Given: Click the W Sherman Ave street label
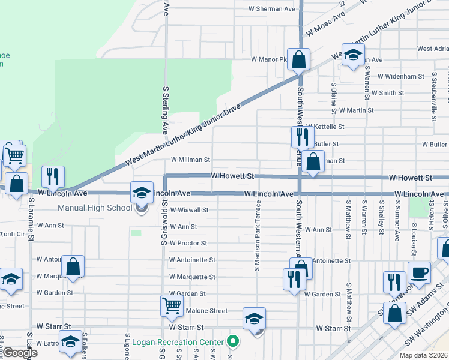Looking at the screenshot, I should click(x=273, y=10).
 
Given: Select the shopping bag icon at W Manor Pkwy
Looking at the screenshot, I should click(x=298, y=60).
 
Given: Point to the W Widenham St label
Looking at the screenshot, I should click(x=400, y=77).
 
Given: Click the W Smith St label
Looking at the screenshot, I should click(x=387, y=93).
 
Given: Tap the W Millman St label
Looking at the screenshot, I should click(x=190, y=160).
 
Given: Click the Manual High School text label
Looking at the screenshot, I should click(x=95, y=208).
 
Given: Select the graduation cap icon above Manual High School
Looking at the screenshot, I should click(x=142, y=193).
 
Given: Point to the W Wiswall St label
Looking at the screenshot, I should click(x=189, y=210).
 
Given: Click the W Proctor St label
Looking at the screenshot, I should click(x=188, y=243).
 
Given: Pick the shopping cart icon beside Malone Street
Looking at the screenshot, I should click(x=172, y=306).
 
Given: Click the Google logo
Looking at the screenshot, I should click(x=20, y=353).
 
